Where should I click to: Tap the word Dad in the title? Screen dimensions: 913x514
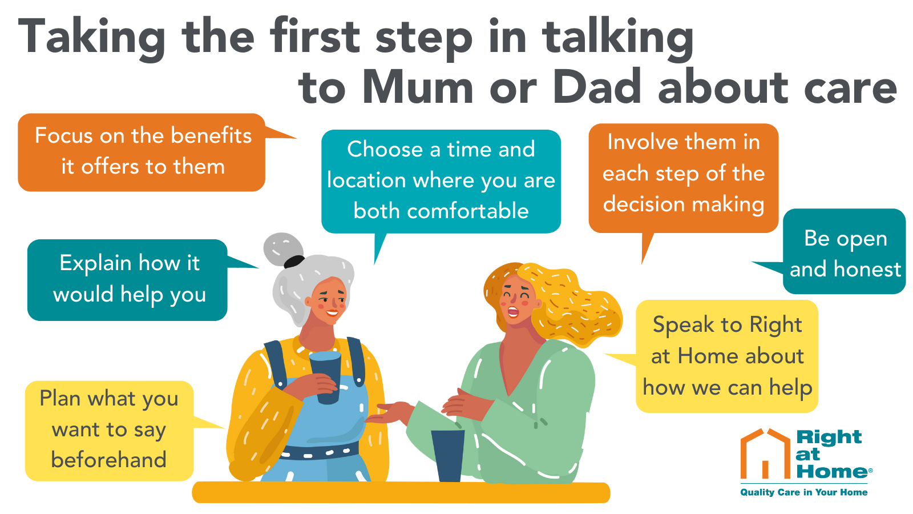tap(597, 86)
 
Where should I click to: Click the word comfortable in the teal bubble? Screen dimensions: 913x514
tap(441, 211)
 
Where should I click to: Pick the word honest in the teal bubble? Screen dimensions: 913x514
tap(867, 269)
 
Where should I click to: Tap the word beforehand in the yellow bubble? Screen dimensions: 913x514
tap(109, 459)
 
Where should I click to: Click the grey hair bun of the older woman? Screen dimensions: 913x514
tap(282, 248)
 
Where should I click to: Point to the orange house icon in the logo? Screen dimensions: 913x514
tap(765, 453)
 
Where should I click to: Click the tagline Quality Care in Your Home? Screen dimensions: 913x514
tap(804, 492)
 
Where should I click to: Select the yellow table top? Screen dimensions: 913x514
tap(401, 492)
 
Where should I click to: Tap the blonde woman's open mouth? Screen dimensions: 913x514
tap(512, 312)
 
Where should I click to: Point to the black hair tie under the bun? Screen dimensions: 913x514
tap(294, 262)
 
